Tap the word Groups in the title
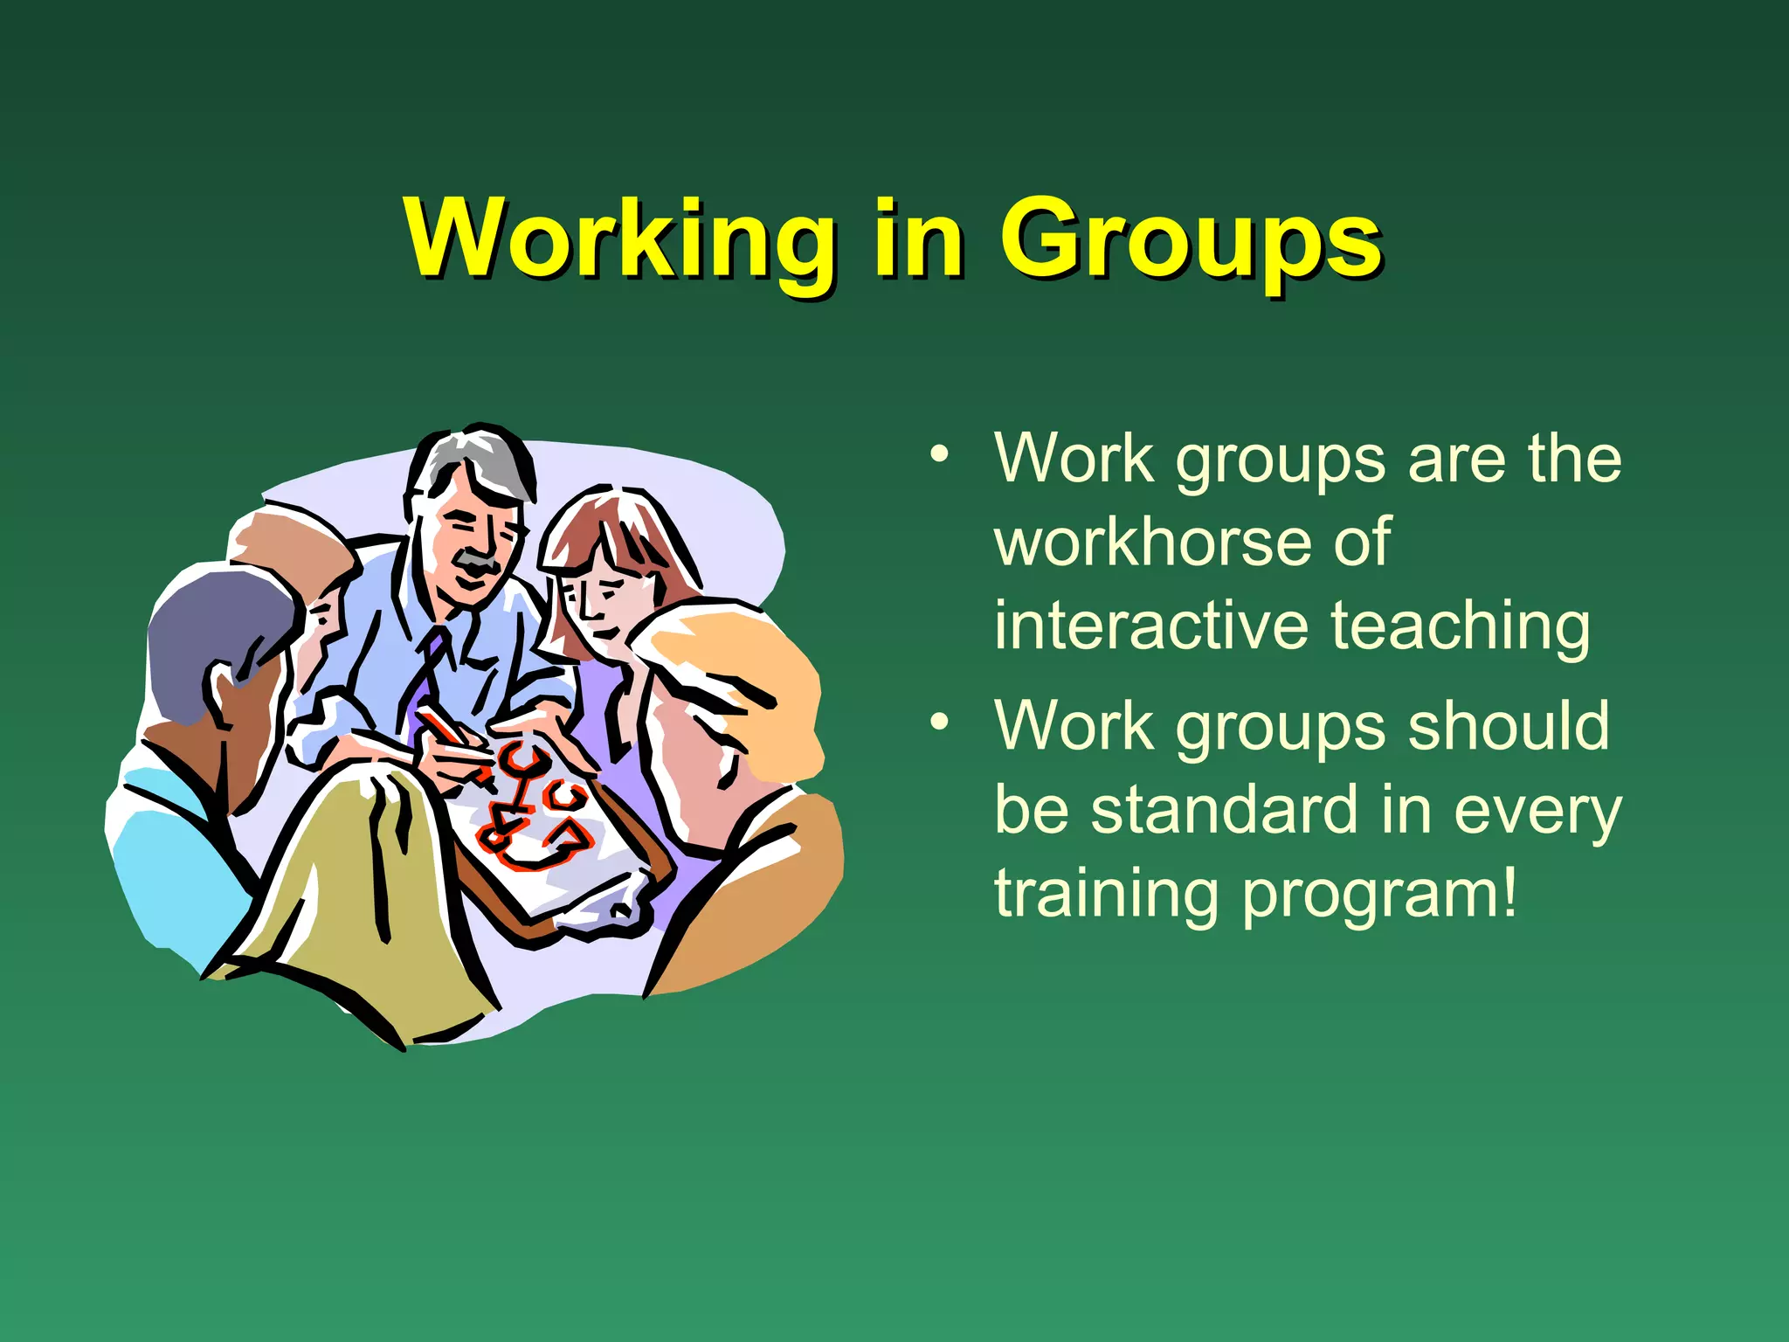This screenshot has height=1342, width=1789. tap(1190, 238)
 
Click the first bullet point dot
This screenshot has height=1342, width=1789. tap(939, 454)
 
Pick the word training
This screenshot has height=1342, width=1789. tap(1105, 893)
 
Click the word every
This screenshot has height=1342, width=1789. tap(1537, 809)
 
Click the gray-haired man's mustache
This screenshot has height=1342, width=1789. tap(479, 562)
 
